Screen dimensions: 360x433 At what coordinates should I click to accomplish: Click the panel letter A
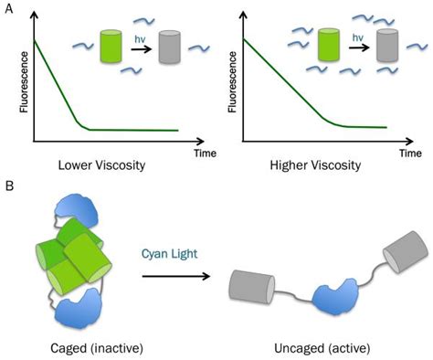pos(7,8)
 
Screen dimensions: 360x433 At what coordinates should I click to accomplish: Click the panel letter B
pos(8,188)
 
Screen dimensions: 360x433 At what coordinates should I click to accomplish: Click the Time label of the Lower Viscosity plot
pos(205,153)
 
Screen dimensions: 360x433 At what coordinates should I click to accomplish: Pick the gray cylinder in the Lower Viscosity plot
pos(171,47)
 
